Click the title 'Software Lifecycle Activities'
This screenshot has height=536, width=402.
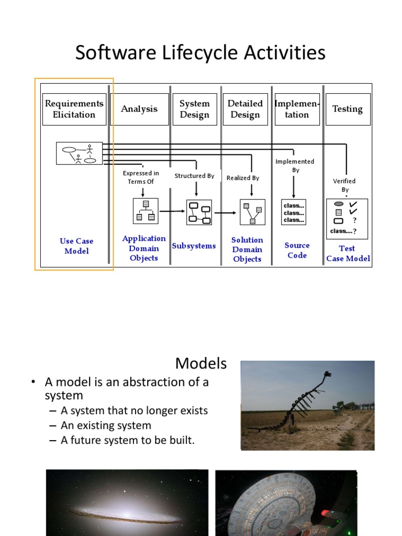pyautogui.click(x=200, y=53)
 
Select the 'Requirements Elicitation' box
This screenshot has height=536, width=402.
pyautogui.click(x=74, y=109)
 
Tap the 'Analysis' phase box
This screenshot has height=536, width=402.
pyautogui.click(x=139, y=109)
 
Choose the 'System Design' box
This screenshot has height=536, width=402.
pyautogui.click(x=194, y=109)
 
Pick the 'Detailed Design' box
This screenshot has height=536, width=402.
pyautogui.click(x=245, y=109)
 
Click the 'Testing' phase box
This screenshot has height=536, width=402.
pyautogui.click(x=348, y=109)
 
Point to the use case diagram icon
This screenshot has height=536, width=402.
pyautogui.click(x=79, y=153)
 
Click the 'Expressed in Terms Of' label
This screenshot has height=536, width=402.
pyautogui.click(x=141, y=177)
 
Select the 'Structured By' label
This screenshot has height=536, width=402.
pyautogui.click(x=194, y=176)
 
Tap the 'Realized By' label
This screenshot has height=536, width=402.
pyautogui.click(x=243, y=178)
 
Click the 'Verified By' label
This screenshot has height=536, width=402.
pyautogui.click(x=344, y=185)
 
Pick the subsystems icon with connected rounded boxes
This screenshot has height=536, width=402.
pyautogui.click(x=199, y=212)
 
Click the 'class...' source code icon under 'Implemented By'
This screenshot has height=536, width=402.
pyautogui.click(x=294, y=213)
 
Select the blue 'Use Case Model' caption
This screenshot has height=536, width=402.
pyautogui.click(x=76, y=246)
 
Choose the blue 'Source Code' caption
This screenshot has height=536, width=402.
pyautogui.click(x=297, y=250)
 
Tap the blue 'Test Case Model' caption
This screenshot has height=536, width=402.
pyautogui.click(x=348, y=253)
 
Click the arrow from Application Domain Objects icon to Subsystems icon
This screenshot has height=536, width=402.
pyautogui.click(x=172, y=211)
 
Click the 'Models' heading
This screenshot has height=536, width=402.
pyautogui.click(x=201, y=363)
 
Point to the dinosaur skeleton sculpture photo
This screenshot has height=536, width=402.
pyautogui.click(x=307, y=405)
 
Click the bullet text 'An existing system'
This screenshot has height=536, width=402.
pyautogui.click(x=106, y=426)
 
